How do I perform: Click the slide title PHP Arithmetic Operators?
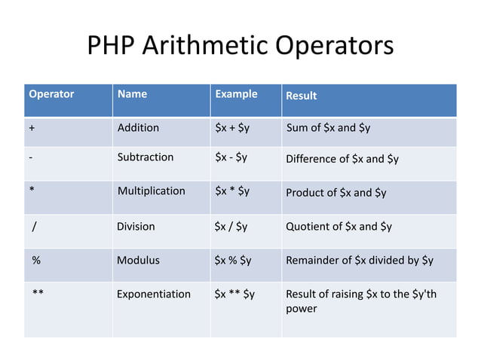click(240, 46)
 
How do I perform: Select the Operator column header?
click(51, 95)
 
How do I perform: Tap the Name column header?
click(132, 95)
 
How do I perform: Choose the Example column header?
click(236, 95)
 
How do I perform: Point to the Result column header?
click(301, 96)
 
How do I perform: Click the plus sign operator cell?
click(32, 128)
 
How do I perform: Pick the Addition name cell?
click(138, 128)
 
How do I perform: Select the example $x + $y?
click(232, 128)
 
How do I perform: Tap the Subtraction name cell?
click(146, 157)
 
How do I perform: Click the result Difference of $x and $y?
click(342, 159)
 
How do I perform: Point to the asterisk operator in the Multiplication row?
click(32, 191)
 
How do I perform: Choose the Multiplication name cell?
click(151, 191)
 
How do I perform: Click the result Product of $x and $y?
click(336, 193)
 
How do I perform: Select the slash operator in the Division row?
click(35, 227)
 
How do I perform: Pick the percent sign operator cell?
click(35, 261)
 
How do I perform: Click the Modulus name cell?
click(138, 261)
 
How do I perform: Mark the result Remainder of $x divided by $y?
click(360, 261)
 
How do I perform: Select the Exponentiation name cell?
click(154, 294)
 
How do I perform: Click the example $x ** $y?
click(234, 294)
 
